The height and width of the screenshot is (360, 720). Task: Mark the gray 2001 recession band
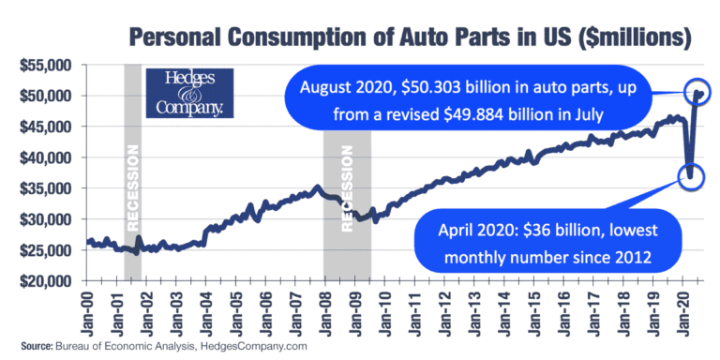133,173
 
